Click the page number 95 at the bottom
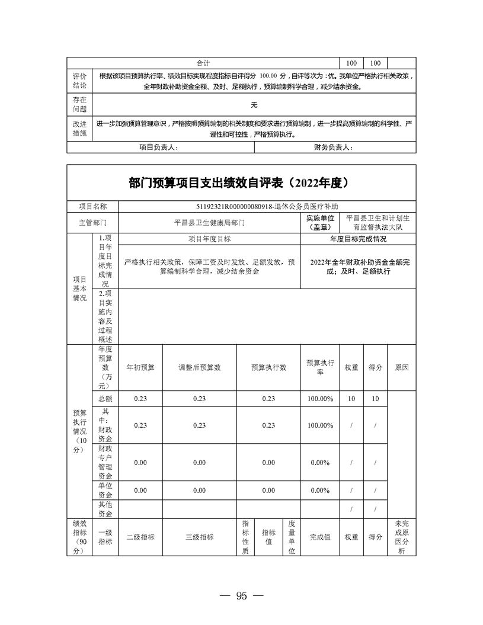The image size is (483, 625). click(241, 596)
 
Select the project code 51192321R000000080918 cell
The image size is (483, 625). click(268, 207)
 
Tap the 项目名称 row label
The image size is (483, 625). click(93, 207)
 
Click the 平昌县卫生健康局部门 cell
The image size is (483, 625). click(209, 223)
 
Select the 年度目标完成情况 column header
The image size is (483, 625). click(358, 239)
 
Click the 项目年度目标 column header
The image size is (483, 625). click(209, 239)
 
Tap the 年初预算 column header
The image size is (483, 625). click(140, 367)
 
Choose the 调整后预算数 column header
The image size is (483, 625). click(200, 367)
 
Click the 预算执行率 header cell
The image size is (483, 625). click(320, 367)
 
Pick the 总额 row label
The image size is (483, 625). click(104, 399)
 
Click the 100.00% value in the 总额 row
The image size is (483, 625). click(320, 399)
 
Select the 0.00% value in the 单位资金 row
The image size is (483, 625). click(320, 491)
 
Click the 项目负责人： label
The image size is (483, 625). click(158, 148)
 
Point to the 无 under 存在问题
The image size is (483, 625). click(254, 105)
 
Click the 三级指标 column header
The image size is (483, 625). click(200, 537)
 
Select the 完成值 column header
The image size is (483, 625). click(320, 537)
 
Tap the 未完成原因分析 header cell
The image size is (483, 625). click(401, 537)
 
